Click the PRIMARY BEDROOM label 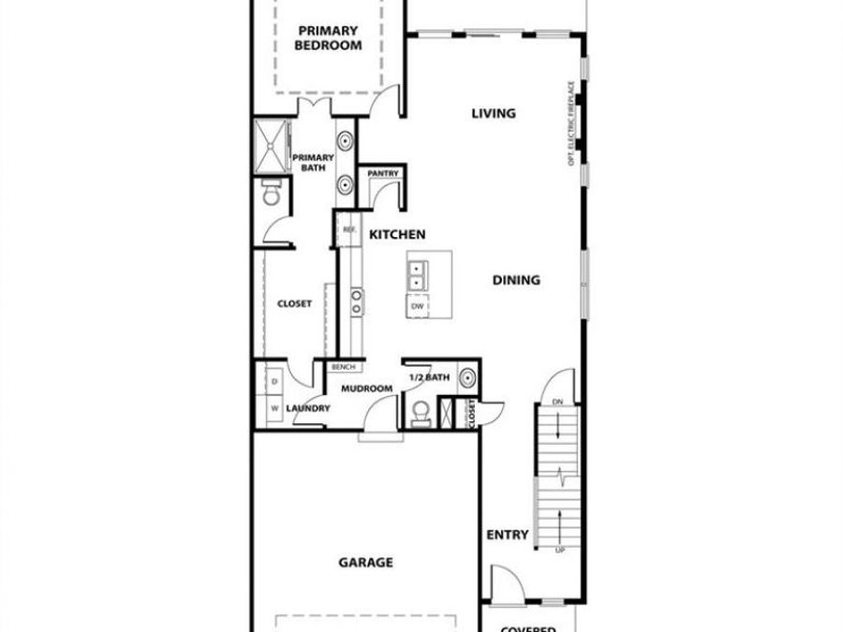point(328,37)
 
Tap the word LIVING point(493,114)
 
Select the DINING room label point(517,280)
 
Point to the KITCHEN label point(397,234)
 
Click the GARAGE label point(365,563)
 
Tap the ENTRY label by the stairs point(508,536)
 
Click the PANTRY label point(383,174)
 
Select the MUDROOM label point(365,389)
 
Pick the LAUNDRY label point(307,409)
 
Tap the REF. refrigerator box point(349,229)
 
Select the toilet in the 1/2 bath point(421,412)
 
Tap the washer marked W point(274,409)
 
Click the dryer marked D point(274,383)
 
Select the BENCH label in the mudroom point(341,367)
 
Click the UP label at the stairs point(560,550)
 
